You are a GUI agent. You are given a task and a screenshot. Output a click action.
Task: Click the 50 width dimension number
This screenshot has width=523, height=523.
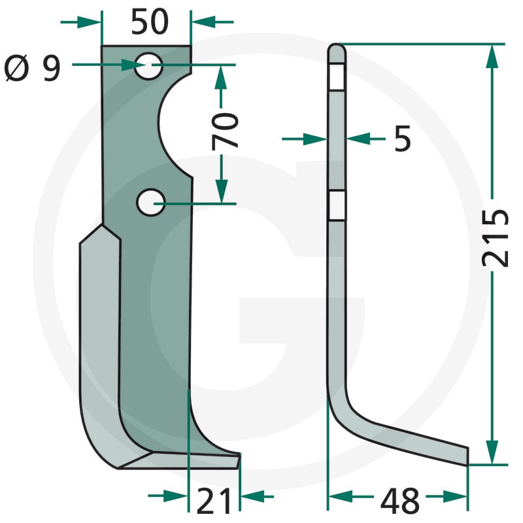tap(150, 22)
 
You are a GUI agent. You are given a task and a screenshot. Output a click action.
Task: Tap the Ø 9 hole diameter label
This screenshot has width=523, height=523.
tap(32, 69)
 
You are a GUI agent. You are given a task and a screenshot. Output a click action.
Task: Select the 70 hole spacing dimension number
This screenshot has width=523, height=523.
tap(225, 130)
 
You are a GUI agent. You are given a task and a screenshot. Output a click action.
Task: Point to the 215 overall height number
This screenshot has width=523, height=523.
tap(496, 238)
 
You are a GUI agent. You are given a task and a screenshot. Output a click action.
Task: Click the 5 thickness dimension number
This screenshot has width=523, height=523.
tap(403, 139)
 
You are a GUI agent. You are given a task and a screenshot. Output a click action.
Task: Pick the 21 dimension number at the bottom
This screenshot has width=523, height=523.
tap(214, 501)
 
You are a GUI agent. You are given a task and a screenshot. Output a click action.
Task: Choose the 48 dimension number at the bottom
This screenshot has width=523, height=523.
tap(399, 501)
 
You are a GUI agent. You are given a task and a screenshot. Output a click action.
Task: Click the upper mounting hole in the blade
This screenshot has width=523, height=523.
tap(149, 66)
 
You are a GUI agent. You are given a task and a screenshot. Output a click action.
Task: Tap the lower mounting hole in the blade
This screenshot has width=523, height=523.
tap(151, 203)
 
